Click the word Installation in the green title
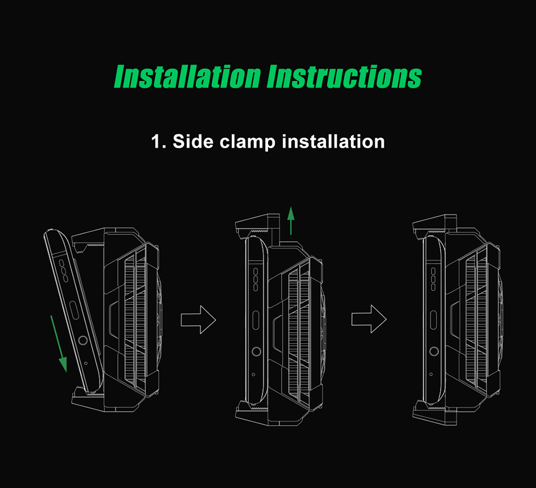coord(187,76)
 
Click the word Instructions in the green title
coord(344,76)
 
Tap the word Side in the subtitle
coord(193,141)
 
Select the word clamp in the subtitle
coord(248,142)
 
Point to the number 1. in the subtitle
coord(159,141)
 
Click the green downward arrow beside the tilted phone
coord(59,343)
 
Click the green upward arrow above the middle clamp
coord(291,220)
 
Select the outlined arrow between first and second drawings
coord(198,320)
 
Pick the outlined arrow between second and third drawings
coord(369,319)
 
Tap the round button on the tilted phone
coord(83,340)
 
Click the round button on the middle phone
coord(256,351)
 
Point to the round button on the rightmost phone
coord(434,351)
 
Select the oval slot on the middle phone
coord(256,321)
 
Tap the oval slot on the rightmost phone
coord(433,320)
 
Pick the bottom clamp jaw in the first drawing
coord(88,399)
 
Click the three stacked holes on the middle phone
coord(255,279)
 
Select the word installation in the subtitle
coord(333,141)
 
